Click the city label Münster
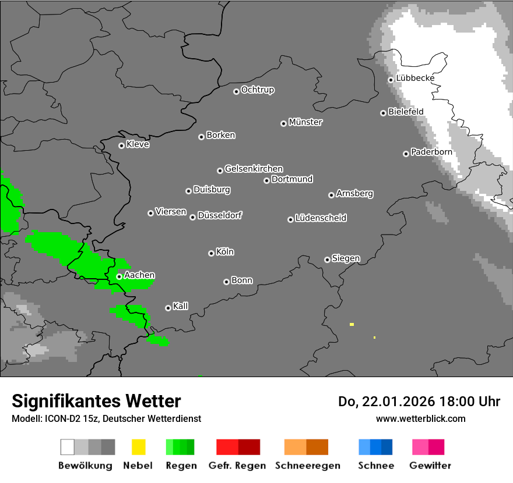tap(305, 122)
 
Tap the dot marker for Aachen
tap(119, 276)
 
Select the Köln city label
tap(225, 252)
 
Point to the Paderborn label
tap(431, 152)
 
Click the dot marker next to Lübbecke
tap(391, 80)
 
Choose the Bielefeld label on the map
tap(406, 111)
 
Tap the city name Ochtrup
tap(258, 90)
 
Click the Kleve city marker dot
tap(121, 145)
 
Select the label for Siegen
tap(346, 258)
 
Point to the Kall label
tap(180, 306)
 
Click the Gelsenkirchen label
tap(254, 169)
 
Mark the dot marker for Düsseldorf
tap(192, 217)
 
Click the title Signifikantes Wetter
tap(96, 401)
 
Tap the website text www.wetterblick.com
tap(420, 418)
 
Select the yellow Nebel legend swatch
tap(138, 447)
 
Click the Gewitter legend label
tap(430, 466)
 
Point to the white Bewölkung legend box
tap(68, 447)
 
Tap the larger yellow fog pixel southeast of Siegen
tap(352, 324)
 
